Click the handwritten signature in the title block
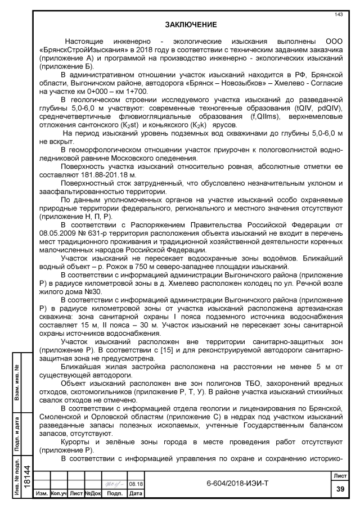click(117, 482)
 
